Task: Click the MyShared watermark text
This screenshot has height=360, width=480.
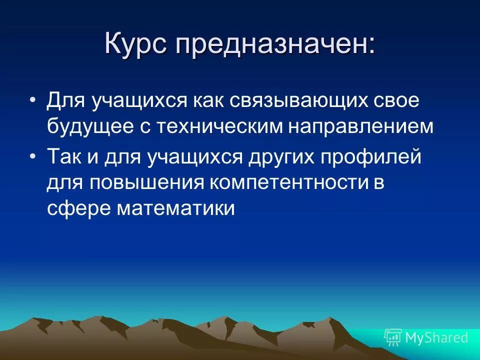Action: pos(436,337)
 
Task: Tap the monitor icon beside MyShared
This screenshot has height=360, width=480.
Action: pos(393,337)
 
